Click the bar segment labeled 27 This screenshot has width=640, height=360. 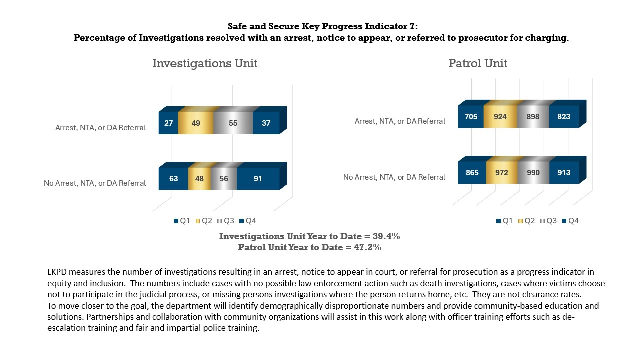[x=168, y=123]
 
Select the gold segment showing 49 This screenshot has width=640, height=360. [x=196, y=123]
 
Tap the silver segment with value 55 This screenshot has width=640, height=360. [x=233, y=123]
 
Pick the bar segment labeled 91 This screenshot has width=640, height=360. [x=258, y=179]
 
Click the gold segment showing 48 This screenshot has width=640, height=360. [x=199, y=179]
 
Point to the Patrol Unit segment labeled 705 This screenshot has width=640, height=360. [x=471, y=117]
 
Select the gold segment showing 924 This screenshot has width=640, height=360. [x=500, y=117]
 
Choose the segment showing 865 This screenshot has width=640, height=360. [x=472, y=173]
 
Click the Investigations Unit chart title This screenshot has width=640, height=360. [x=205, y=64]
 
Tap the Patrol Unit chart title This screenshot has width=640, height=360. [x=478, y=64]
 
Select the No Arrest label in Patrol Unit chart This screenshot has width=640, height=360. [x=394, y=177]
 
